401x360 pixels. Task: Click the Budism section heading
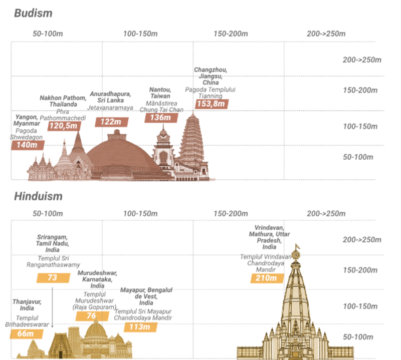[x=33, y=13]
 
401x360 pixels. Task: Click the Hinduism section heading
[x=38, y=196]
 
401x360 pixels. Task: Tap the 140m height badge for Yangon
[x=28, y=145]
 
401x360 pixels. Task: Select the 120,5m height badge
[x=64, y=126]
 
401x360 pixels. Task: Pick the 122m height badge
[x=111, y=122]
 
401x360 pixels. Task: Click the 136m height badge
[x=160, y=118]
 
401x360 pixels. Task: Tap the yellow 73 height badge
[x=53, y=277]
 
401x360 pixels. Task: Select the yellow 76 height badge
[x=92, y=316]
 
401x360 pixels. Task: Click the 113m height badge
[x=140, y=327]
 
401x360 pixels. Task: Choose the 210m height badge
[x=266, y=278]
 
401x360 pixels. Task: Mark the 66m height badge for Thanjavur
[x=25, y=334]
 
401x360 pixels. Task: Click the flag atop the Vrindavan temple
[x=297, y=247]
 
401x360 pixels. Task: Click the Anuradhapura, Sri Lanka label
[x=110, y=97]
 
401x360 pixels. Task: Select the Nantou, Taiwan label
[x=160, y=93]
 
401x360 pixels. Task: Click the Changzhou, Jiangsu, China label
[x=211, y=76]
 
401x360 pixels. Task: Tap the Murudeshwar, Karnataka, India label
[x=97, y=279]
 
